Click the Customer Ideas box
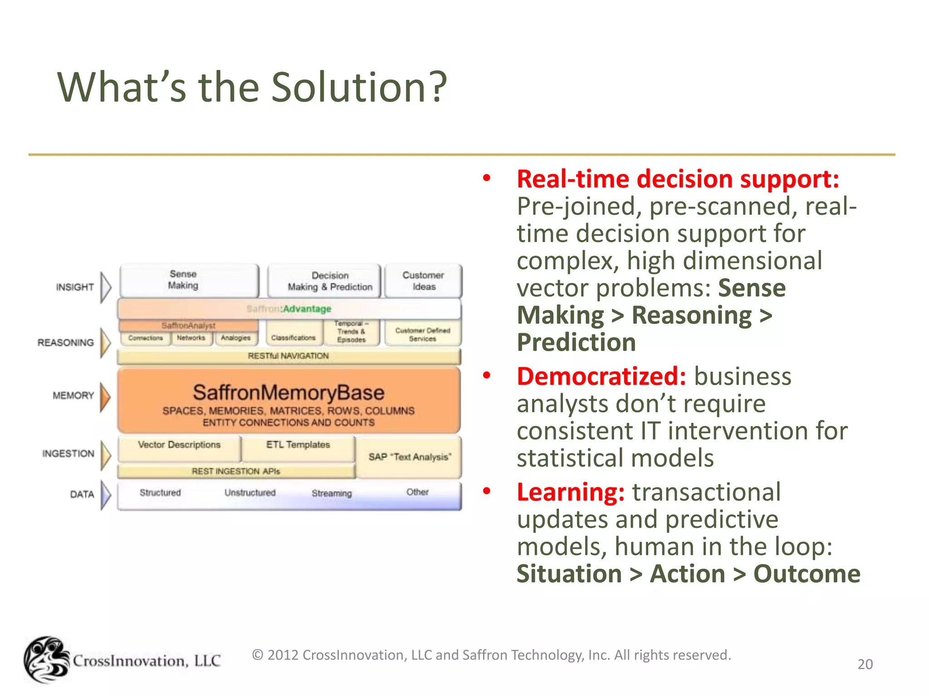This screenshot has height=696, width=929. tap(423, 281)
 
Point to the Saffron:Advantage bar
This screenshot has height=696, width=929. tap(289, 309)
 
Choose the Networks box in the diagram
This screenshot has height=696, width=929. tap(191, 338)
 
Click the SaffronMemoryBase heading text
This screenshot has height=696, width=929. tap(288, 392)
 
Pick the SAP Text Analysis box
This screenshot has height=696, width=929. tap(410, 457)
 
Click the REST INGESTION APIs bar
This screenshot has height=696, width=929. tap(236, 472)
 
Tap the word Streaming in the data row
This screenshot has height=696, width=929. tap(332, 493)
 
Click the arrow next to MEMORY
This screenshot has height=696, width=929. tap(105, 396)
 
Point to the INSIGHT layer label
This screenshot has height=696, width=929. tap(75, 287)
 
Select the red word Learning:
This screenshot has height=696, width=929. tap(571, 493)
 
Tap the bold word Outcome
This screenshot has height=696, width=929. tap(807, 574)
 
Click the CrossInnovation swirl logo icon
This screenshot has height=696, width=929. tap(46, 660)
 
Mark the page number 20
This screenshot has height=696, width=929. tap(865, 664)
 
